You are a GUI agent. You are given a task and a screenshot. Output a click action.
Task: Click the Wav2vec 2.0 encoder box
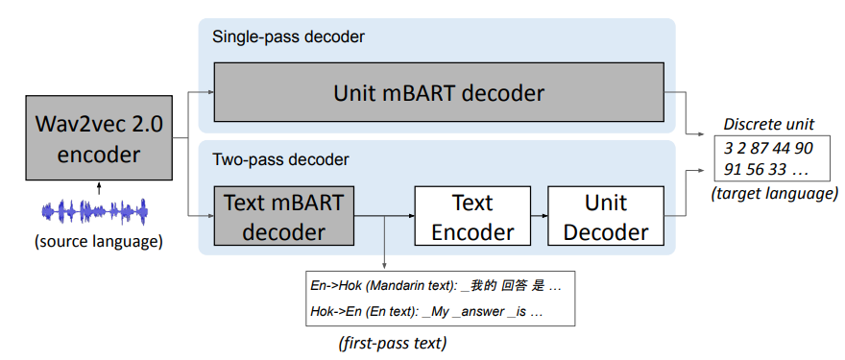pyautogui.click(x=99, y=137)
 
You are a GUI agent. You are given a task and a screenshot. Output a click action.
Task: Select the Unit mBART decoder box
pyautogui.click(x=439, y=92)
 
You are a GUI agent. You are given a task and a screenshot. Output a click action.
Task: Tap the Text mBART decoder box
pyautogui.click(x=284, y=216)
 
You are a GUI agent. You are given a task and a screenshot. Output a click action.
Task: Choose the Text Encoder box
pyautogui.click(x=472, y=216)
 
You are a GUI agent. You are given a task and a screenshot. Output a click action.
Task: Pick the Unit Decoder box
pyautogui.click(x=606, y=216)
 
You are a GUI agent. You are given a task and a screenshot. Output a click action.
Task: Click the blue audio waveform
pyautogui.click(x=94, y=212)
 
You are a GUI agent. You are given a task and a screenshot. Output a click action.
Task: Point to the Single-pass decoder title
pyautogui.click(x=288, y=37)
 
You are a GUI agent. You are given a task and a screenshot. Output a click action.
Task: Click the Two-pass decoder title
pyautogui.click(x=280, y=159)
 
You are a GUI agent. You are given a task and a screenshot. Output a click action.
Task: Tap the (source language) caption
pyautogui.click(x=98, y=242)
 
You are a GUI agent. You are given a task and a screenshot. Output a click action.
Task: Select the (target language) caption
pyautogui.click(x=774, y=193)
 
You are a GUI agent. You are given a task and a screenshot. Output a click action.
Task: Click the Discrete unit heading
pyautogui.click(x=768, y=125)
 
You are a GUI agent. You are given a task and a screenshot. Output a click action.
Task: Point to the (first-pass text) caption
pyautogui.click(x=393, y=343)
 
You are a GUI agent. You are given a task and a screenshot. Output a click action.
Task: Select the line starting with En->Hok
pyautogui.click(x=436, y=287)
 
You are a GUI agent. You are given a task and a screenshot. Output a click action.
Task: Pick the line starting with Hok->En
pyautogui.click(x=425, y=311)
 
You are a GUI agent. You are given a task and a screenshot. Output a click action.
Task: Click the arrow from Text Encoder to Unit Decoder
pyautogui.click(x=539, y=216)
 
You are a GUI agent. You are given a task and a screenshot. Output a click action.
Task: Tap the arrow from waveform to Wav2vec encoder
pyautogui.click(x=99, y=188)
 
